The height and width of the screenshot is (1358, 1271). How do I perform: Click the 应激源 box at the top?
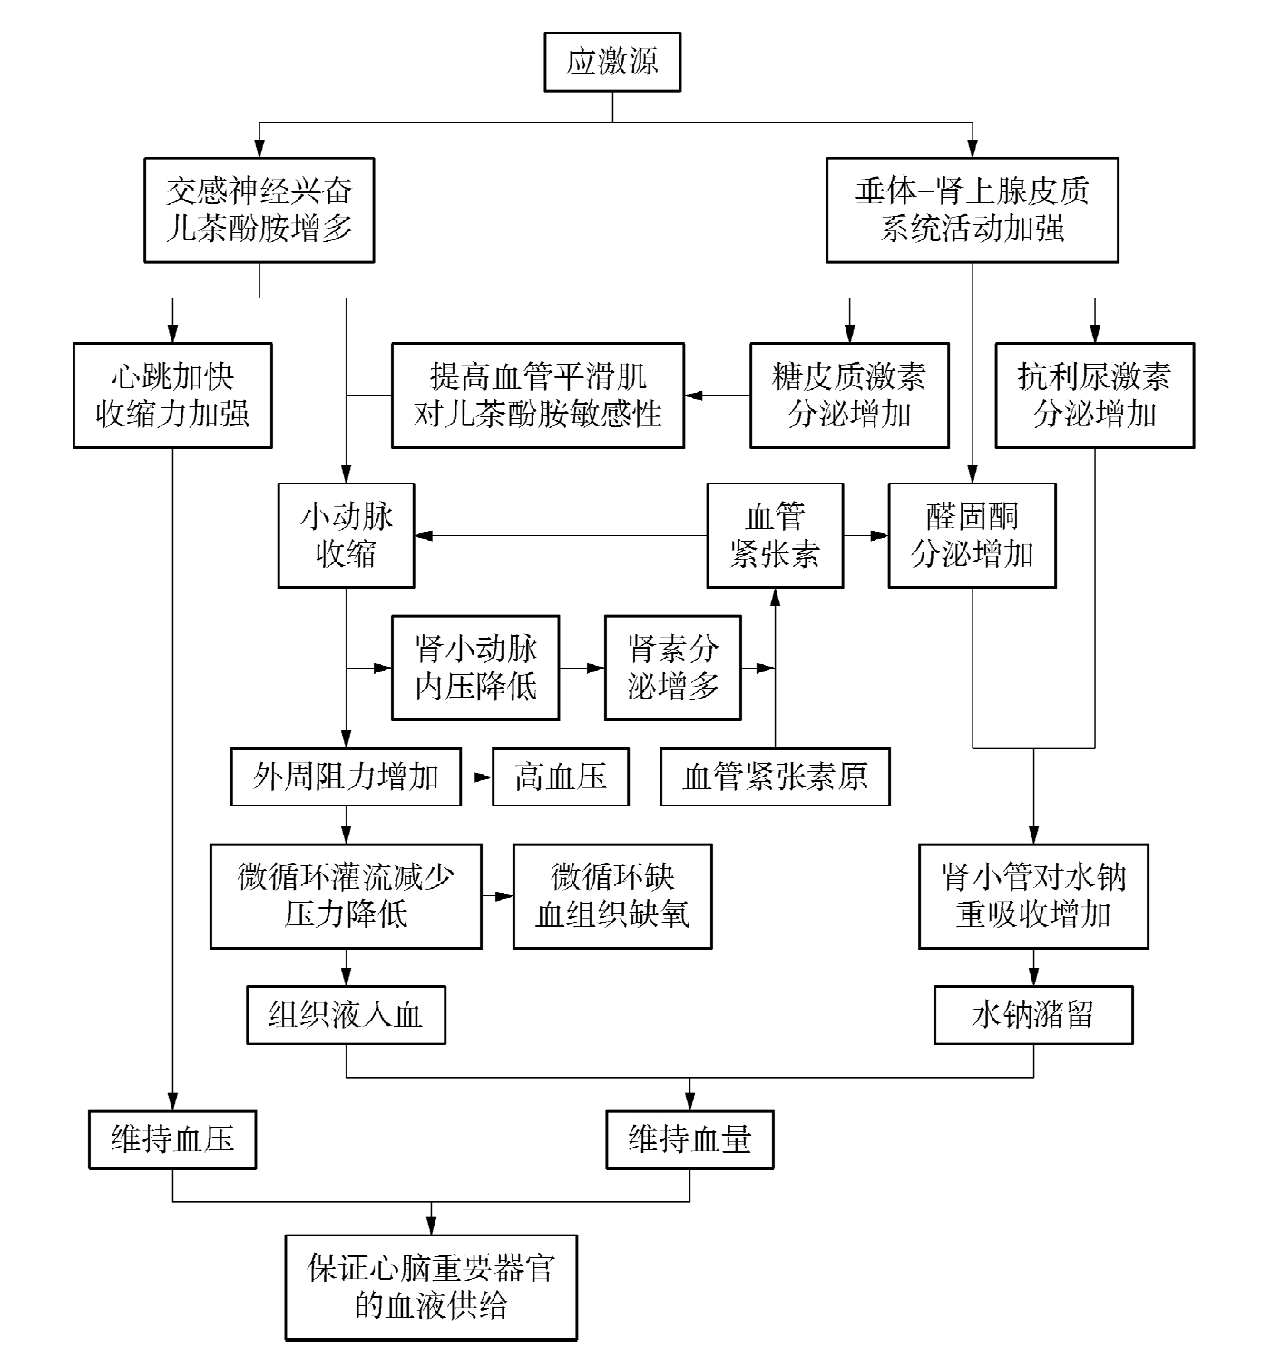pyautogui.click(x=612, y=62)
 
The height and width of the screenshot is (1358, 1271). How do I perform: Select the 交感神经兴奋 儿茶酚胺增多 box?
pyautogui.click(x=259, y=210)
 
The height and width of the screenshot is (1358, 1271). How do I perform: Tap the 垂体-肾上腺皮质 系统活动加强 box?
pyautogui.click(x=972, y=210)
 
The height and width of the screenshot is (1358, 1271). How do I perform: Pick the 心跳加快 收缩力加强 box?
pyautogui.click(x=172, y=396)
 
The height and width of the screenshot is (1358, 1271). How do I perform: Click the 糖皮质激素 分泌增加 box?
pyautogui.click(x=849, y=396)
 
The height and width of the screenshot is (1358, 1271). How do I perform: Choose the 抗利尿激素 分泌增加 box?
pyautogui.click(x=1094, y=396)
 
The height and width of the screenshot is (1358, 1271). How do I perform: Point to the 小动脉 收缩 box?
pyautogui.click(x=346, y=535)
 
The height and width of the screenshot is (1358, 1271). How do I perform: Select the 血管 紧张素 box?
pyautogui.click(x=775, y=535)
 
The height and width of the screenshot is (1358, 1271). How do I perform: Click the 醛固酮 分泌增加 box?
pyautogui.click(x=972, y=535)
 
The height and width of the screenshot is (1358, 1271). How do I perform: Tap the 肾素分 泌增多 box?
pyautogui.click(x=672, y=669)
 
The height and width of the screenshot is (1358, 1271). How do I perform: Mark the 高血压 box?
pyautogui.click(x=561, y=777)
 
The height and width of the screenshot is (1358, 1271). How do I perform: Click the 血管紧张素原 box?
pyautogui.click(x=775, y=777)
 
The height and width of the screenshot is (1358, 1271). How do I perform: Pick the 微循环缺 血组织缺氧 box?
pyautogui.click(x=612, y=896)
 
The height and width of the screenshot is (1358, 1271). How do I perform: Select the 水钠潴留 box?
pyautogui.click(x=1033, y=1015)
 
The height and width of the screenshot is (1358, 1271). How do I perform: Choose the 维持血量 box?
pyautogui.click(x=689, y=1139)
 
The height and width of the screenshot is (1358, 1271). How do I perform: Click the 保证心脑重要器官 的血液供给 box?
pyautogui.click(x=431, y=1287)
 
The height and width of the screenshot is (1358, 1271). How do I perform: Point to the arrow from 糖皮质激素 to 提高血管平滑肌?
pyautogui.click(x=717, y=396)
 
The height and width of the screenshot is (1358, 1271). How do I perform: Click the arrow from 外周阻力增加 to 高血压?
pyautogui.click(x=476, y=777)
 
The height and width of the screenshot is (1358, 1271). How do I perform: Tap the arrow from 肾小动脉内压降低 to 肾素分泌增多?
pyautogui.click(x=582, y=669)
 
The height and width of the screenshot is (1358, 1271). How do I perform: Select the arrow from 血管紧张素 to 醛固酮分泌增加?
pyautogui.click(x=865, y=535)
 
